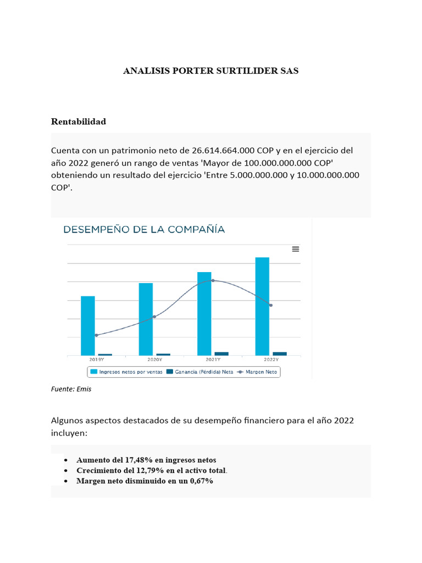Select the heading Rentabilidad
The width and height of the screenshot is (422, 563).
click(79, 122)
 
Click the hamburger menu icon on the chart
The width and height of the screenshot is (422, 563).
click(296, 249)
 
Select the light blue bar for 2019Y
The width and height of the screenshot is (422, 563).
click(88, 325)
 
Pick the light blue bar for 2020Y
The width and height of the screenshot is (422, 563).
click(146, 319)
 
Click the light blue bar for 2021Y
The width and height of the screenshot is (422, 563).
click(204, 313)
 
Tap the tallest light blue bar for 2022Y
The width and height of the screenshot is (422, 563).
click(262, 306)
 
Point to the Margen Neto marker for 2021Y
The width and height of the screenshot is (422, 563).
click(213, 280)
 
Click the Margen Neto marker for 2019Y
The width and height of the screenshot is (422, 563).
click(96, 335)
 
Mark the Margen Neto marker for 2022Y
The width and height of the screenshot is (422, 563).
click(271, 305)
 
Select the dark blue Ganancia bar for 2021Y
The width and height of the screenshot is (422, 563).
click(221, 354)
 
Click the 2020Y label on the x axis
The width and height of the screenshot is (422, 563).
click(154, 360)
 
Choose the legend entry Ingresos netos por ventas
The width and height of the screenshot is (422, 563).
click(126, 372)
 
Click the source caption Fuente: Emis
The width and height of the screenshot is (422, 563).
click(71, 389)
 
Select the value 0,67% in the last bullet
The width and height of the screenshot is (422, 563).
click(201, 481)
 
